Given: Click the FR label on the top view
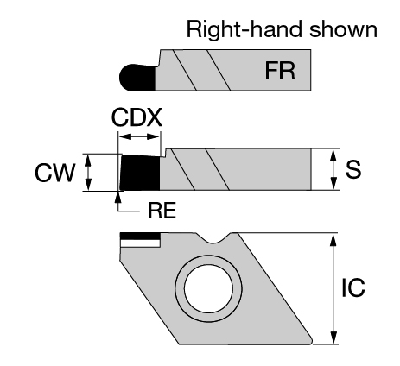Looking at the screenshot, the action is [280, 71].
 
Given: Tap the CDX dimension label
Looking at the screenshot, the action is [137, 117].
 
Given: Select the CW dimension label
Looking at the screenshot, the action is [54, 173].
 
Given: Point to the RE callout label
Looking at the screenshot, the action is [162, 211].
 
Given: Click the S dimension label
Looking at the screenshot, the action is [353, 169].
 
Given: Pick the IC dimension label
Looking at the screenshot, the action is [353, 287].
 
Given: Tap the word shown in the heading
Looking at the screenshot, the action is [343, 29].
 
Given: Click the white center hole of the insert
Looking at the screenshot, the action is [208, 288].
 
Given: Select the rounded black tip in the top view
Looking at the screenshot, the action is [137, 78].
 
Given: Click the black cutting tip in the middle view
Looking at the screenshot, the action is [140, 173].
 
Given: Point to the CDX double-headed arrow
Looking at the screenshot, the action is [139, 136].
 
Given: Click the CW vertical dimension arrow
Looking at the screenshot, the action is [88, 172].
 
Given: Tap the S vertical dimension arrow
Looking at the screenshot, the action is [333, 169].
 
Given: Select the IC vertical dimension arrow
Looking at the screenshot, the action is [333, 288].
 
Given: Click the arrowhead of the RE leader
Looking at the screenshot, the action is [117, 195].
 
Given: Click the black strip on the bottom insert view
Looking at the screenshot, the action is [140, 237].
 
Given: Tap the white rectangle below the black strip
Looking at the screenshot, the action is [140, 243].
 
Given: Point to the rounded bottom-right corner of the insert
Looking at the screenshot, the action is [309, 341].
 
